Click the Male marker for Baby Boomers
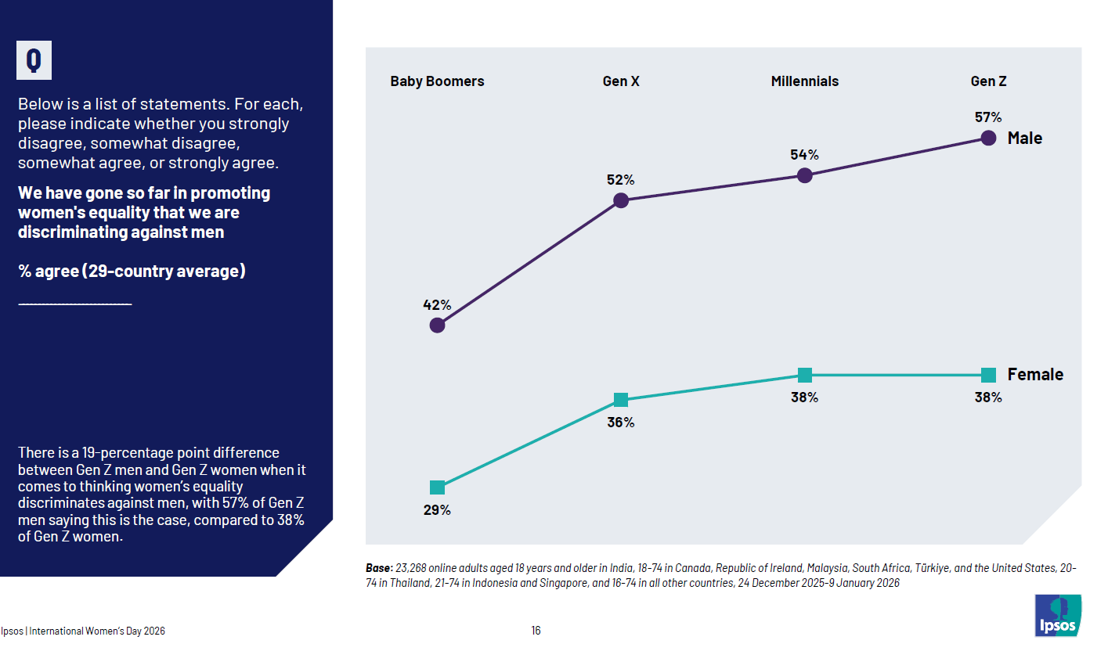(438, 325)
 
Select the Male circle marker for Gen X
(621, 200)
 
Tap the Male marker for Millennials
(804, 175)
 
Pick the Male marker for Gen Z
(988, 138)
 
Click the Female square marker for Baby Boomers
(438, 487)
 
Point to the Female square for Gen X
(621, 400)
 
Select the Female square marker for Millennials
(804, 375)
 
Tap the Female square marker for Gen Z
(988, 375)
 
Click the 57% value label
(988, 117)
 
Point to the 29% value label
(438, 510)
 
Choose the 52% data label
(621, 180)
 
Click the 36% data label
(621, 423)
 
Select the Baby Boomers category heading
(437, 81)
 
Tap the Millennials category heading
(804, 81)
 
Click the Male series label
(1025, 138)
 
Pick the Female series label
(1035, 375)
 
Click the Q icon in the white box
(34, 60)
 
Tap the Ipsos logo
(1058, 615)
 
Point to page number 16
(536, 631)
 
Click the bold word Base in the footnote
(380, 568)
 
